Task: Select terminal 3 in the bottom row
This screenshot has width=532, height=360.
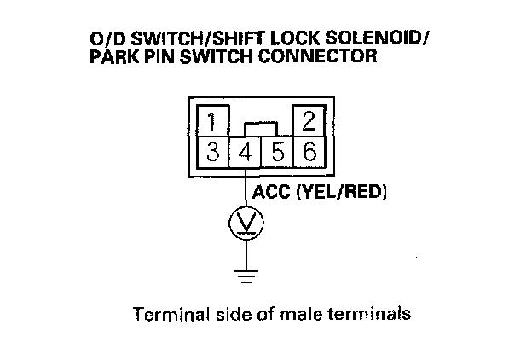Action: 213,154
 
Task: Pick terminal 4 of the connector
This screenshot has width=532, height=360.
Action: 246,154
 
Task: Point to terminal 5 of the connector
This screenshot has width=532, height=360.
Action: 277,154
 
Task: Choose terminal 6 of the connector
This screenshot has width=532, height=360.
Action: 309,154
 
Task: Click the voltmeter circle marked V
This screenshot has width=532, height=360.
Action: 246,224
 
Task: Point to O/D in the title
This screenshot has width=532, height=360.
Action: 104,40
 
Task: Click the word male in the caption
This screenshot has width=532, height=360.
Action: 317,313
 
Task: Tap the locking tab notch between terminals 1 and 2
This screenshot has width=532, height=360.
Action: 261,129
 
